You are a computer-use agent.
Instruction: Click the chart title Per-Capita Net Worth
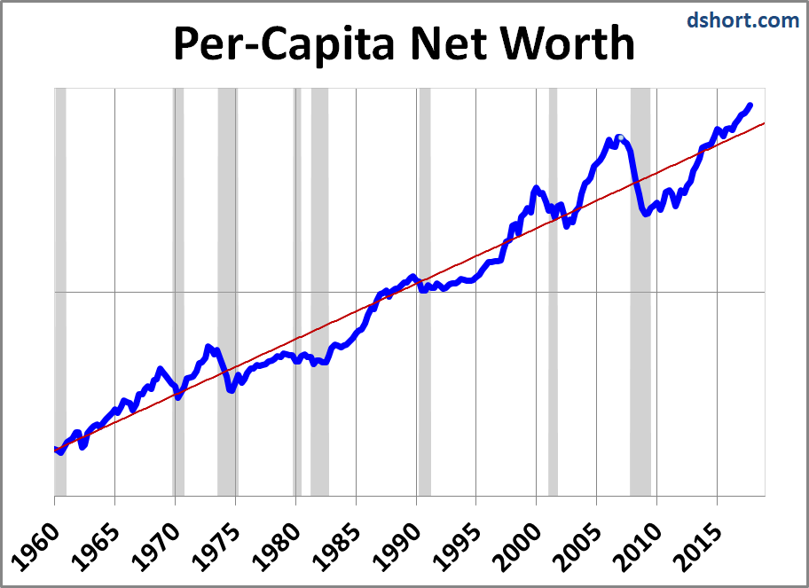point(404,43)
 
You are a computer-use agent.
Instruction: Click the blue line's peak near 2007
point(618,137)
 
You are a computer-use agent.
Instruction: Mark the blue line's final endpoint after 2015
point(750,106)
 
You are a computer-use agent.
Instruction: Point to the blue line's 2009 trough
point(647,214)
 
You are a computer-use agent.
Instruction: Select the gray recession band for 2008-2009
point(640,355)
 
